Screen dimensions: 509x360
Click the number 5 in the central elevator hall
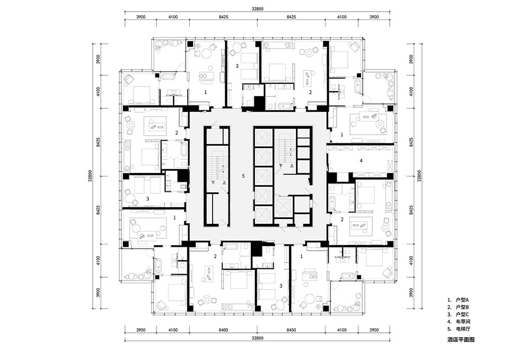tap(243, 176)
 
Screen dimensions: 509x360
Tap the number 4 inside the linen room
tap(361, 160)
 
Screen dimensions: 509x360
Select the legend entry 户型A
tap(458, 300)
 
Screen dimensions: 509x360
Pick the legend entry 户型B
tap(458, 308)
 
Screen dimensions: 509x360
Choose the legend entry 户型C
tap(458, 314)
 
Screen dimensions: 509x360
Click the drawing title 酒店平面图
tap(461, 339)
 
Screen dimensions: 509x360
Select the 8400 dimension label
tap(223, 330)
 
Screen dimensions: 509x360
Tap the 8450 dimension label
tap(291, 330)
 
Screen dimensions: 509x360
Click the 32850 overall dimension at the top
tap(258, 9)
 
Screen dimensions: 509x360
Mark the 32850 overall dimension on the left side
tap(90, 176)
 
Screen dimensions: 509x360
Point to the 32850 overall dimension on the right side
tap(419, 176)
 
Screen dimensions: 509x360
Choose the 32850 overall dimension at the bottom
tap(258, 338)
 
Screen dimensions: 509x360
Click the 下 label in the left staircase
tap(213, 183)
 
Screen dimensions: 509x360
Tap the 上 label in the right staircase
tap(292, 165)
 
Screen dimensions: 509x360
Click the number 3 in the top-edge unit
tap(237, 66)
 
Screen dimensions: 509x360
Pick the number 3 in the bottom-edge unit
tap(281, 286)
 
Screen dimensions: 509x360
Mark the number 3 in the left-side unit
tap(147, 198)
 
